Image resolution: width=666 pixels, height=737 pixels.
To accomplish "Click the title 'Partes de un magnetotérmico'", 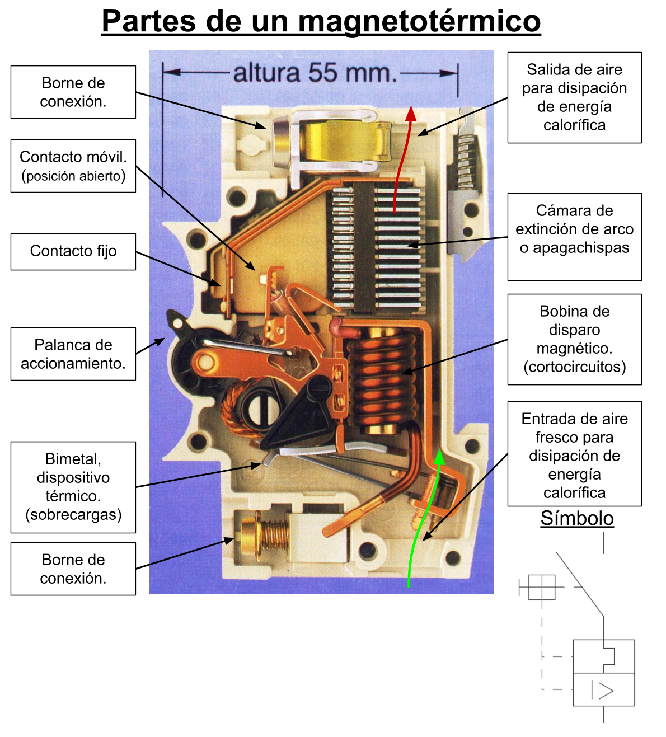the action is pos(321,21).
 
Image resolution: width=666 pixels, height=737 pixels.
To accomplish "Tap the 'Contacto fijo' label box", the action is pos(73,252).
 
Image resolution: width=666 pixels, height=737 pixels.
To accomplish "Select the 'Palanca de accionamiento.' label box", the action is pos(73,354).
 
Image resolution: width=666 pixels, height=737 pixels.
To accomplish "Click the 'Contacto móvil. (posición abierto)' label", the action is pos(73,166).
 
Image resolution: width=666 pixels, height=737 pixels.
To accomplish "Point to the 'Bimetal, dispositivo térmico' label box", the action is pos(73,487).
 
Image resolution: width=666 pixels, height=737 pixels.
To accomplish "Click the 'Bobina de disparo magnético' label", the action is pos(574,339).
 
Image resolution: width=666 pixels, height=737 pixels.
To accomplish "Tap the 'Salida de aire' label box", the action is pos(574,97).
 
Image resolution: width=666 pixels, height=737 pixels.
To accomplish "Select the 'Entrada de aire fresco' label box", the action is pos(574,454).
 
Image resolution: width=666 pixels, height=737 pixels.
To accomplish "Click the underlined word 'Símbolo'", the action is pos(577,518).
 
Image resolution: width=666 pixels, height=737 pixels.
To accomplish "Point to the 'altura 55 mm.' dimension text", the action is pos(315,72).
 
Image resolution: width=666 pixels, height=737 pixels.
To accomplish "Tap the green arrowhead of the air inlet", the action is pos(439,457).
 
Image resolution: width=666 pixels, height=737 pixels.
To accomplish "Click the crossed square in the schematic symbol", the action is pos(542,587).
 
